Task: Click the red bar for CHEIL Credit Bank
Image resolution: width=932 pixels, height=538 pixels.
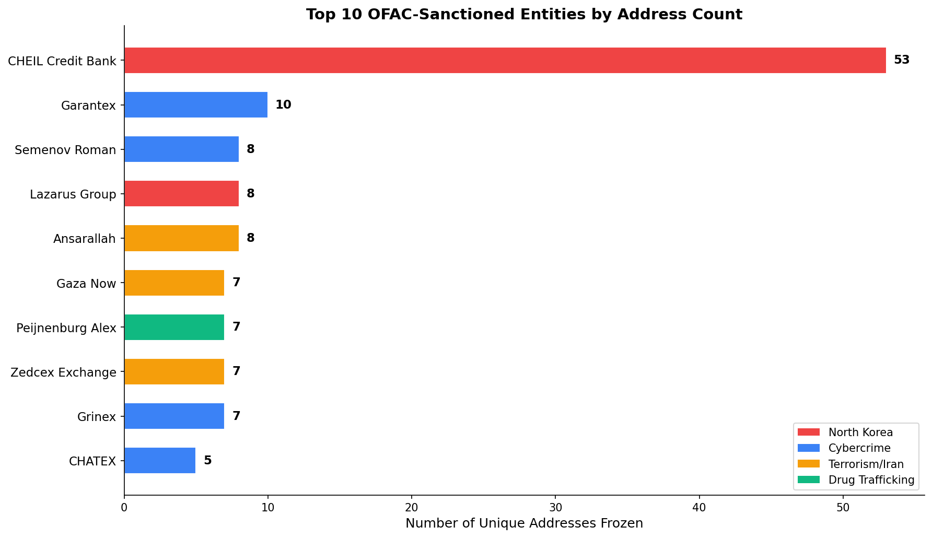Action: [505, 61]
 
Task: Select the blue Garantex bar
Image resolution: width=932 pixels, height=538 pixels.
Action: [196, 105]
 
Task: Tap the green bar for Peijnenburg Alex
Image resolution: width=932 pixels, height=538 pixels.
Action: [174, 328]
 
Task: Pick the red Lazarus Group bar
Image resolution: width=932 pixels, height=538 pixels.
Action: [181, 194]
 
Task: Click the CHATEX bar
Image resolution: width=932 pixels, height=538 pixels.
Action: [160, 461]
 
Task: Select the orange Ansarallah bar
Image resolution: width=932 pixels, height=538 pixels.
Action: [181, 238]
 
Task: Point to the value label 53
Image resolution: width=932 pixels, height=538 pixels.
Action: [901, 60]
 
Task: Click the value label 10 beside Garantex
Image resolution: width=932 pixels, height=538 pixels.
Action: [283, 105]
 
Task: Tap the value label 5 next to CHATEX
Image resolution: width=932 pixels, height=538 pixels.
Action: [207, 461]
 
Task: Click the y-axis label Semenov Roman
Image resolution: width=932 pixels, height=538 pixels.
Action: [65, 150]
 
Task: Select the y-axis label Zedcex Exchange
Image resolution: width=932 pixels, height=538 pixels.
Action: [63, 373]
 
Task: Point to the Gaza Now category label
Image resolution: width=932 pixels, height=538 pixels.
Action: [86, 284]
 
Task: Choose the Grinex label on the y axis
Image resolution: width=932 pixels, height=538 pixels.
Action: [96, 417]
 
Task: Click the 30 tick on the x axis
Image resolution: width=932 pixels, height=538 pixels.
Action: [555, 508]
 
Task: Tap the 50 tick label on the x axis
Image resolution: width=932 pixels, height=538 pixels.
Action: [843, 508]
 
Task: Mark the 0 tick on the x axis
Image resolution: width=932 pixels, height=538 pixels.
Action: [124, 508]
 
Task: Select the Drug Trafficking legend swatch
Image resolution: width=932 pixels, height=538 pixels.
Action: [808, 480]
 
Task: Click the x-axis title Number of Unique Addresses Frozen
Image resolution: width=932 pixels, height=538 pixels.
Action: [524, 523]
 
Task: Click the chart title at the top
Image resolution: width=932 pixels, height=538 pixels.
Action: [524, 15]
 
